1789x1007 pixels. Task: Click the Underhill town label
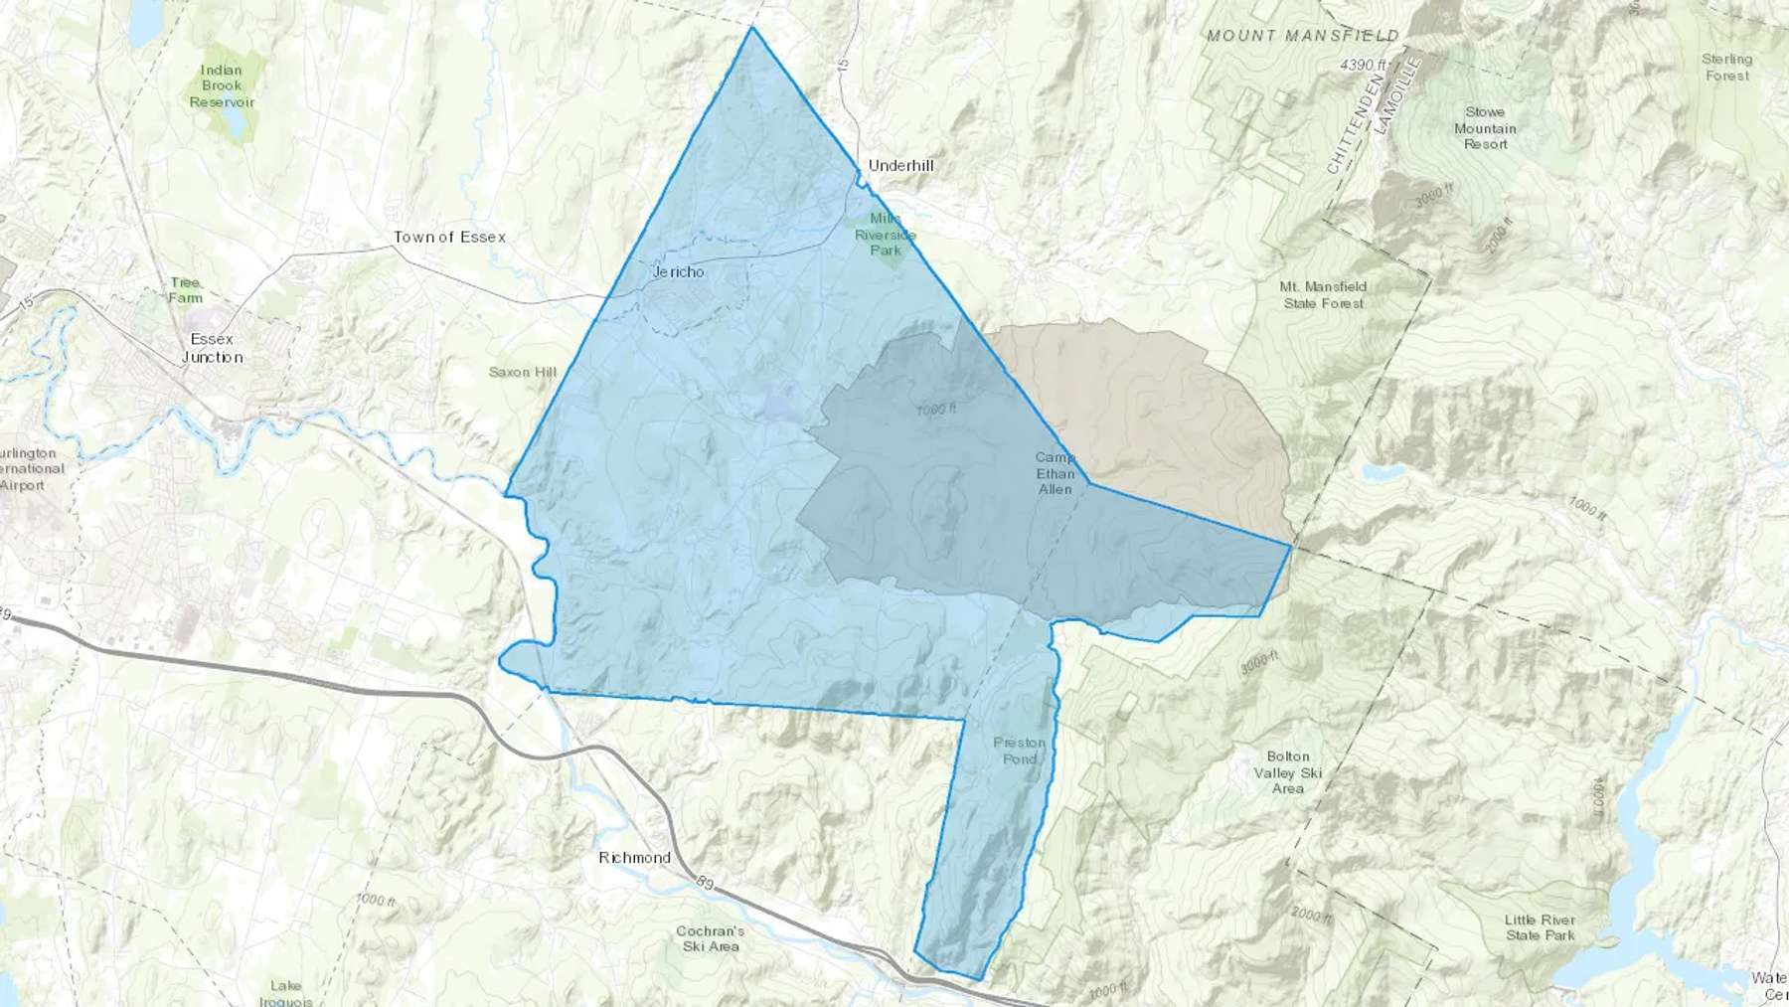[900, 165]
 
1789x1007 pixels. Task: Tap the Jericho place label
[679, 271]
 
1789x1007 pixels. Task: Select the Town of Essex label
[449, 237]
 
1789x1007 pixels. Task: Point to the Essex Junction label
[212, 348]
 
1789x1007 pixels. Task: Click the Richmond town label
[634, 857]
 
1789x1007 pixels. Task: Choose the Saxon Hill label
[523, 372]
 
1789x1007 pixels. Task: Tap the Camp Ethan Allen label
[1055, 473]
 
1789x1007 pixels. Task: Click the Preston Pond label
[1020, 751]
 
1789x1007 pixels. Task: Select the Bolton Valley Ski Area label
[1287, 772]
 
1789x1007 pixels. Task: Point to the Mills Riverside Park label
[885, 235]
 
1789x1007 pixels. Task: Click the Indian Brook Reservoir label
[222, 86]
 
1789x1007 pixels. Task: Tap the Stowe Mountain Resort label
[1485, 128]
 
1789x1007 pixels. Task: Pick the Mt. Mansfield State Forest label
[1323, 294]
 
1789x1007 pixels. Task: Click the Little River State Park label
[1540, 927]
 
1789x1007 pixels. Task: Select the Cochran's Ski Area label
[710, 938]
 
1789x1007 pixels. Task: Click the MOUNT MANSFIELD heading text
[1302, 36]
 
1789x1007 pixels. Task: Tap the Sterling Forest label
[1726, 68]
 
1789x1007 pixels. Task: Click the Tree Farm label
[185, 290]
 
